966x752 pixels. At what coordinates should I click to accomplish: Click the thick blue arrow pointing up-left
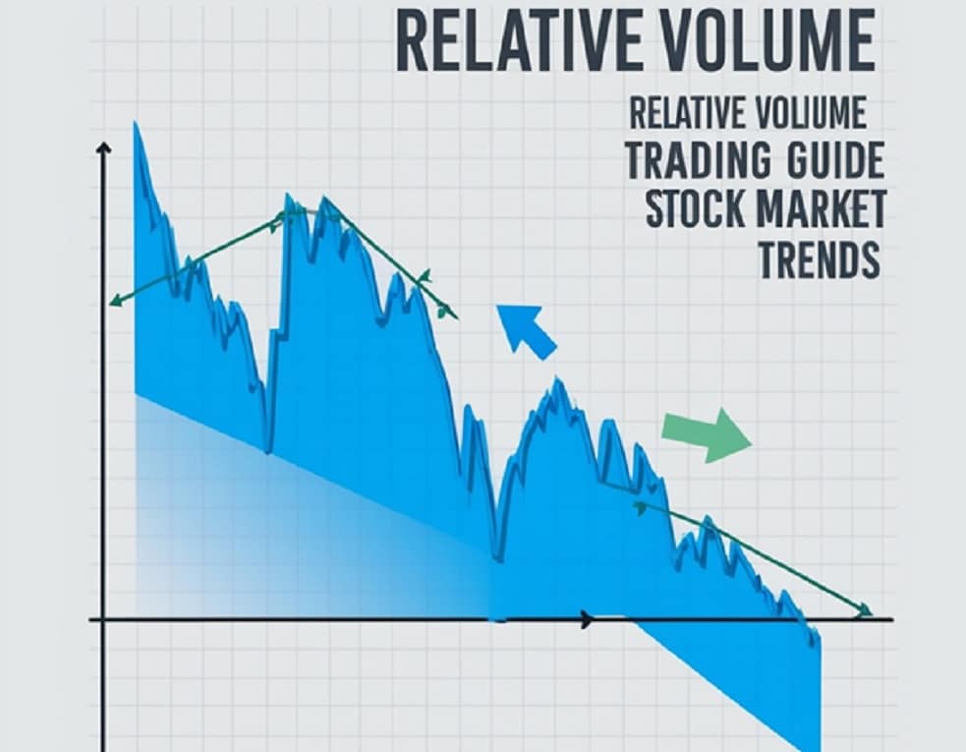click(525, 330)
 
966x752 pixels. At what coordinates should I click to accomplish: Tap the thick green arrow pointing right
click(706, 434)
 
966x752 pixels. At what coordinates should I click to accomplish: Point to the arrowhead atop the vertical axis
click(103, 149)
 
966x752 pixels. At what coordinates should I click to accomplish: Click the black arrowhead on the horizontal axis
click(587, 619)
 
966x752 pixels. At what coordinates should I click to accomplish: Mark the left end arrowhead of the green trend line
click(114, 301)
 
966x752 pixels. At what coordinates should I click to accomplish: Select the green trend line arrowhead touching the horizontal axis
click(863, 611)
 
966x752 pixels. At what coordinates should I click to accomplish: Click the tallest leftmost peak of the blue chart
click(136, 125)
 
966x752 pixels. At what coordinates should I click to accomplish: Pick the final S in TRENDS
click(869, 260)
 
